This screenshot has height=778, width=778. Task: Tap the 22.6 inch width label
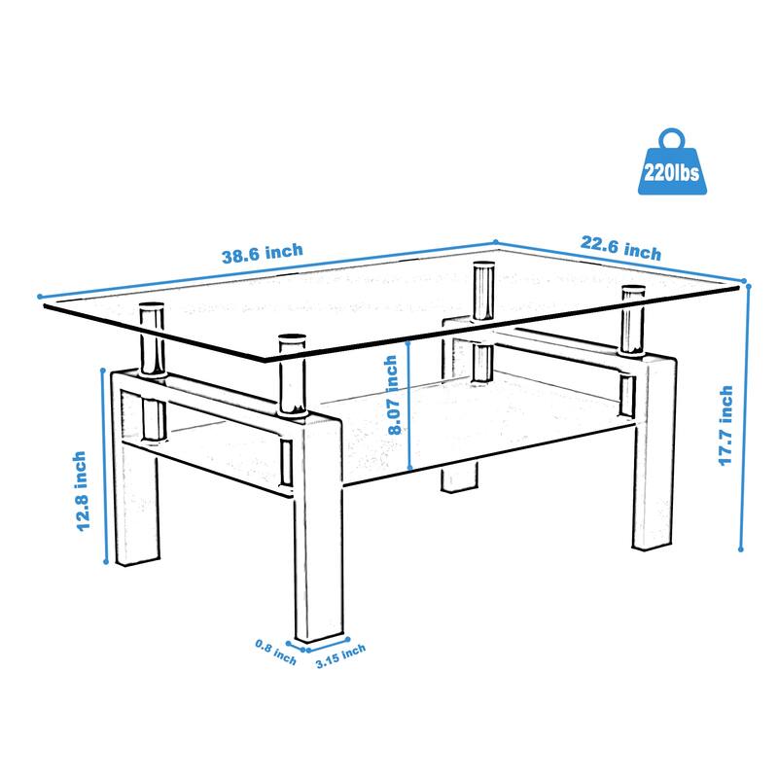click(621, 250)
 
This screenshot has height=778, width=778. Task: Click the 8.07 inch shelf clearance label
click(392, 396)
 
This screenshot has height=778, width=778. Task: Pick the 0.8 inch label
click(275, 653)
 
